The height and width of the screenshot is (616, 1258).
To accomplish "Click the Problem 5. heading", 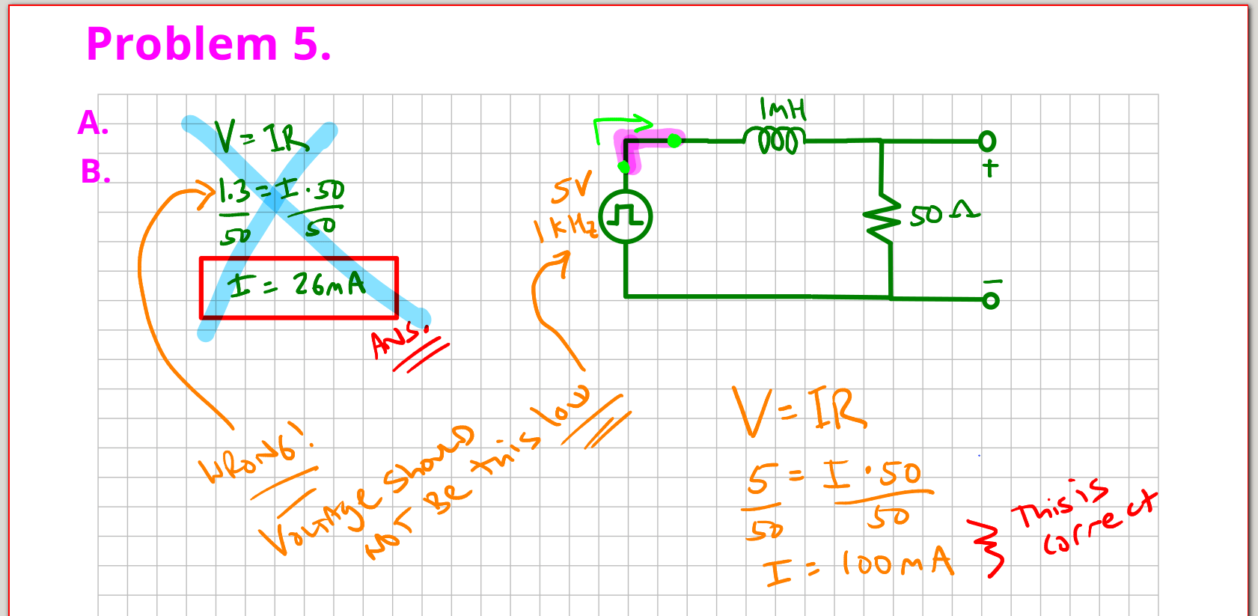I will click(x=208, y=44).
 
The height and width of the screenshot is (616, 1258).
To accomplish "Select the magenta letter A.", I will click(x=93, y=123).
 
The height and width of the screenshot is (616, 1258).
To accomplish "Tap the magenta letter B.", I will click(x=95, y=172).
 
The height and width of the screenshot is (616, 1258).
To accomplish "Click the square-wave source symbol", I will click(x=626, y=217).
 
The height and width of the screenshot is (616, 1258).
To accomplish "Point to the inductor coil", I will click(x=775, y=140).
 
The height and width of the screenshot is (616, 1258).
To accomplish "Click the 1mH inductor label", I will click(x=783, y=110).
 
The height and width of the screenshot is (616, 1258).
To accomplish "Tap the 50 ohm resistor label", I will click(x=944, y=215).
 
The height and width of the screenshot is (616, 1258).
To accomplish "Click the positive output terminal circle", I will click(x=987, y=141).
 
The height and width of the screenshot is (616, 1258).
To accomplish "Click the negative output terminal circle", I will click(x=990, y=300).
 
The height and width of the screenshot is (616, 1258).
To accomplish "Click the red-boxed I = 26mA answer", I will click(x=298, y=286).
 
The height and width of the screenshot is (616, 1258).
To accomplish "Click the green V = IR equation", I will click(x=261, y=137).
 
